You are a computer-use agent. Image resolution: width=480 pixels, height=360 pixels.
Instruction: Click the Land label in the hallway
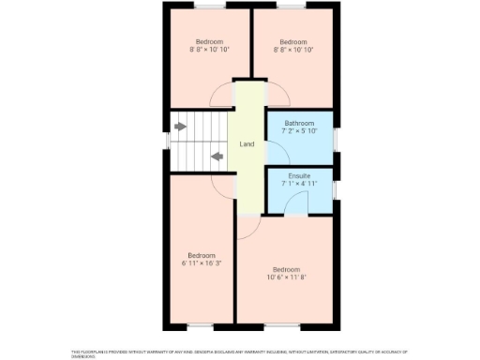[x=247, y=144]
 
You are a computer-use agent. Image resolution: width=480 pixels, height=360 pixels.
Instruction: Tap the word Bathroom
[x=299, y=123]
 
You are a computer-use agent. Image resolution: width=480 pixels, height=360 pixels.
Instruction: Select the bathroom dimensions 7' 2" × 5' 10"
[x=299, y=131]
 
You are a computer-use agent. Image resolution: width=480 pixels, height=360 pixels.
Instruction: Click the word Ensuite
[x=299, y=175]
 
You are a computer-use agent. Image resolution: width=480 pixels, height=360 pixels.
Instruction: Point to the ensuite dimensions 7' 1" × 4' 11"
[x=299, y=184]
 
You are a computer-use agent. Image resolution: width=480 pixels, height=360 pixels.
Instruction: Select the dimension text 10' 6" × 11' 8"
[x=287, y=277]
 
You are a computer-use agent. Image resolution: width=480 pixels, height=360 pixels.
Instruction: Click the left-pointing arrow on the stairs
[x=217, y=157]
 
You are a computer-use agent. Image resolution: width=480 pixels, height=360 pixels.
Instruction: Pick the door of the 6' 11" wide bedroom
[x=222, y=187]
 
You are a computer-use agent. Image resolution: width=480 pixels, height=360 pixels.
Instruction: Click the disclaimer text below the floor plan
[x=239, y=353]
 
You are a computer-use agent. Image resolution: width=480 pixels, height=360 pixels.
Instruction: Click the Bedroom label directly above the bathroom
[x=293, y=42]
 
